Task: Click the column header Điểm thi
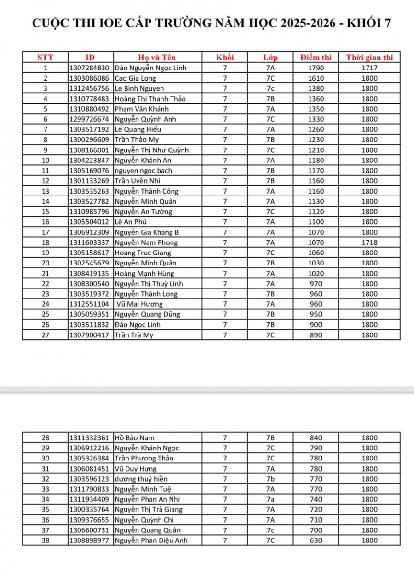tap(316, 57)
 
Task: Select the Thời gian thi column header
tap(369, 57)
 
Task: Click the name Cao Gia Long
tap(136, 78)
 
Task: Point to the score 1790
tap(316, 68)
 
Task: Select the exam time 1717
tap(369, 68)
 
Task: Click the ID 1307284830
tap(90, 68)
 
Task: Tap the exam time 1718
tap(369, 242)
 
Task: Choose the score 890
tap(316, 335)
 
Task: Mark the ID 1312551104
tap(90, 304)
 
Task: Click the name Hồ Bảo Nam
tap(135, 438)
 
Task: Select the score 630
tap(316, 540)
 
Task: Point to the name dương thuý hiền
tap(141, 479)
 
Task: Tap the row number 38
tap(46, 540)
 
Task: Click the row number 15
tap(46, 212)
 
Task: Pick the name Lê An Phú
tap(130, 222)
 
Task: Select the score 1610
tap(316, 78)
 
